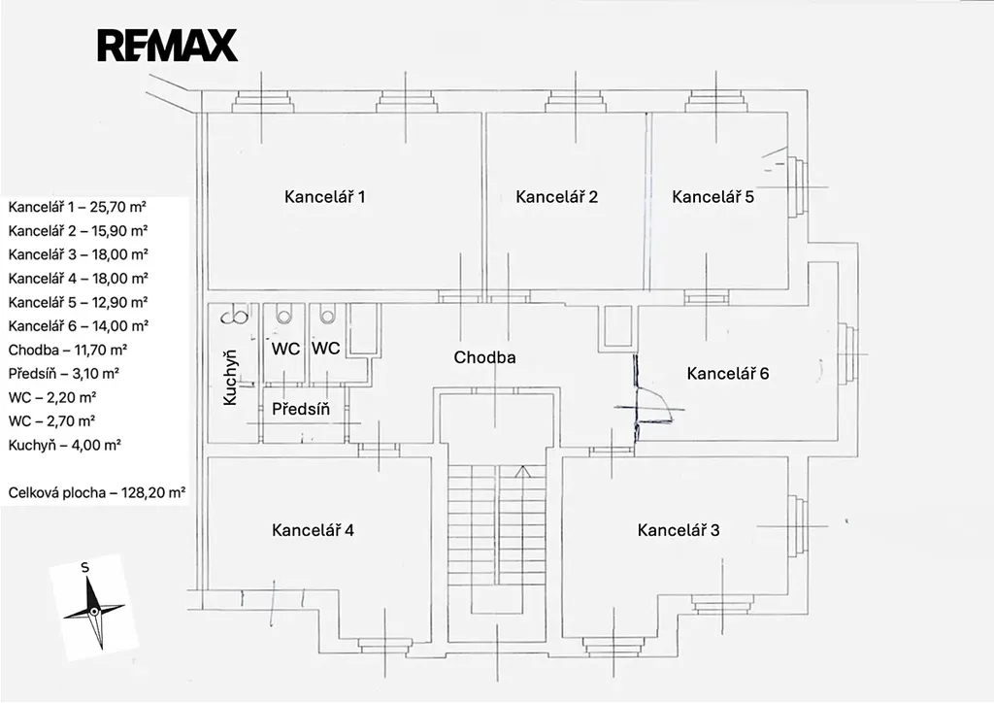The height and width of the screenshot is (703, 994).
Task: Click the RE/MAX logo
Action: (167, 46)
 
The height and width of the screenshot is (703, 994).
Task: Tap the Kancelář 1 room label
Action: (324, 197)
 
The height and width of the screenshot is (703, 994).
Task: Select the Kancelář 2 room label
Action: (556, 197)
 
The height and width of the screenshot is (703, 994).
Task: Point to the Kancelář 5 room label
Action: (712, 197)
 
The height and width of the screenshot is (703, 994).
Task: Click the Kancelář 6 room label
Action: (727, 373)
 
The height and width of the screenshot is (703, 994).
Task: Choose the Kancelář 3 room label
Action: (679, 530)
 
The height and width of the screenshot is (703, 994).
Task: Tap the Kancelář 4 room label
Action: (313, 530)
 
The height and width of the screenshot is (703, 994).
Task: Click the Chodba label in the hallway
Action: (484, 357)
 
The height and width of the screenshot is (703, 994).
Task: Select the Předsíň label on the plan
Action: (301, 409)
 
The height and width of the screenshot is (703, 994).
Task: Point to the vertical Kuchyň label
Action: (230, 379)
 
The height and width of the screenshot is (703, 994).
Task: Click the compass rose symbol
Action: (93, 610)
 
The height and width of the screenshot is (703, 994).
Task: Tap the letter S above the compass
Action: (85, 567)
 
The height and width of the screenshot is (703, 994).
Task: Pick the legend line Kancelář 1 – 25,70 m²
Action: (78, 207)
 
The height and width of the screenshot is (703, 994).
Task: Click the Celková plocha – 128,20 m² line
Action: (97, 493)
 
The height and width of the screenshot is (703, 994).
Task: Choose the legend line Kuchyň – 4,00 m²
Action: (64, 446)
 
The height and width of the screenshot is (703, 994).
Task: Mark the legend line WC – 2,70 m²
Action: (51, 421)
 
